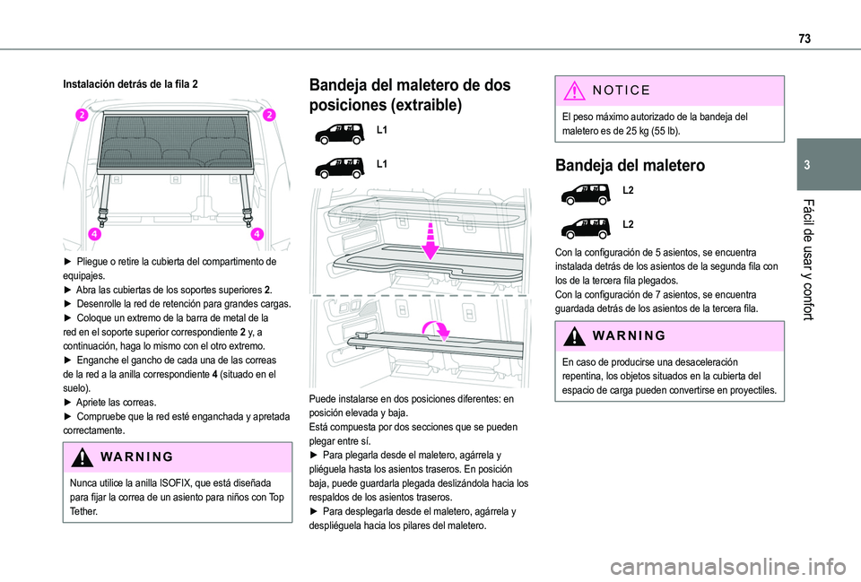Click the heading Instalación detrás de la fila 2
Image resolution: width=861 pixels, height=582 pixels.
131,83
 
